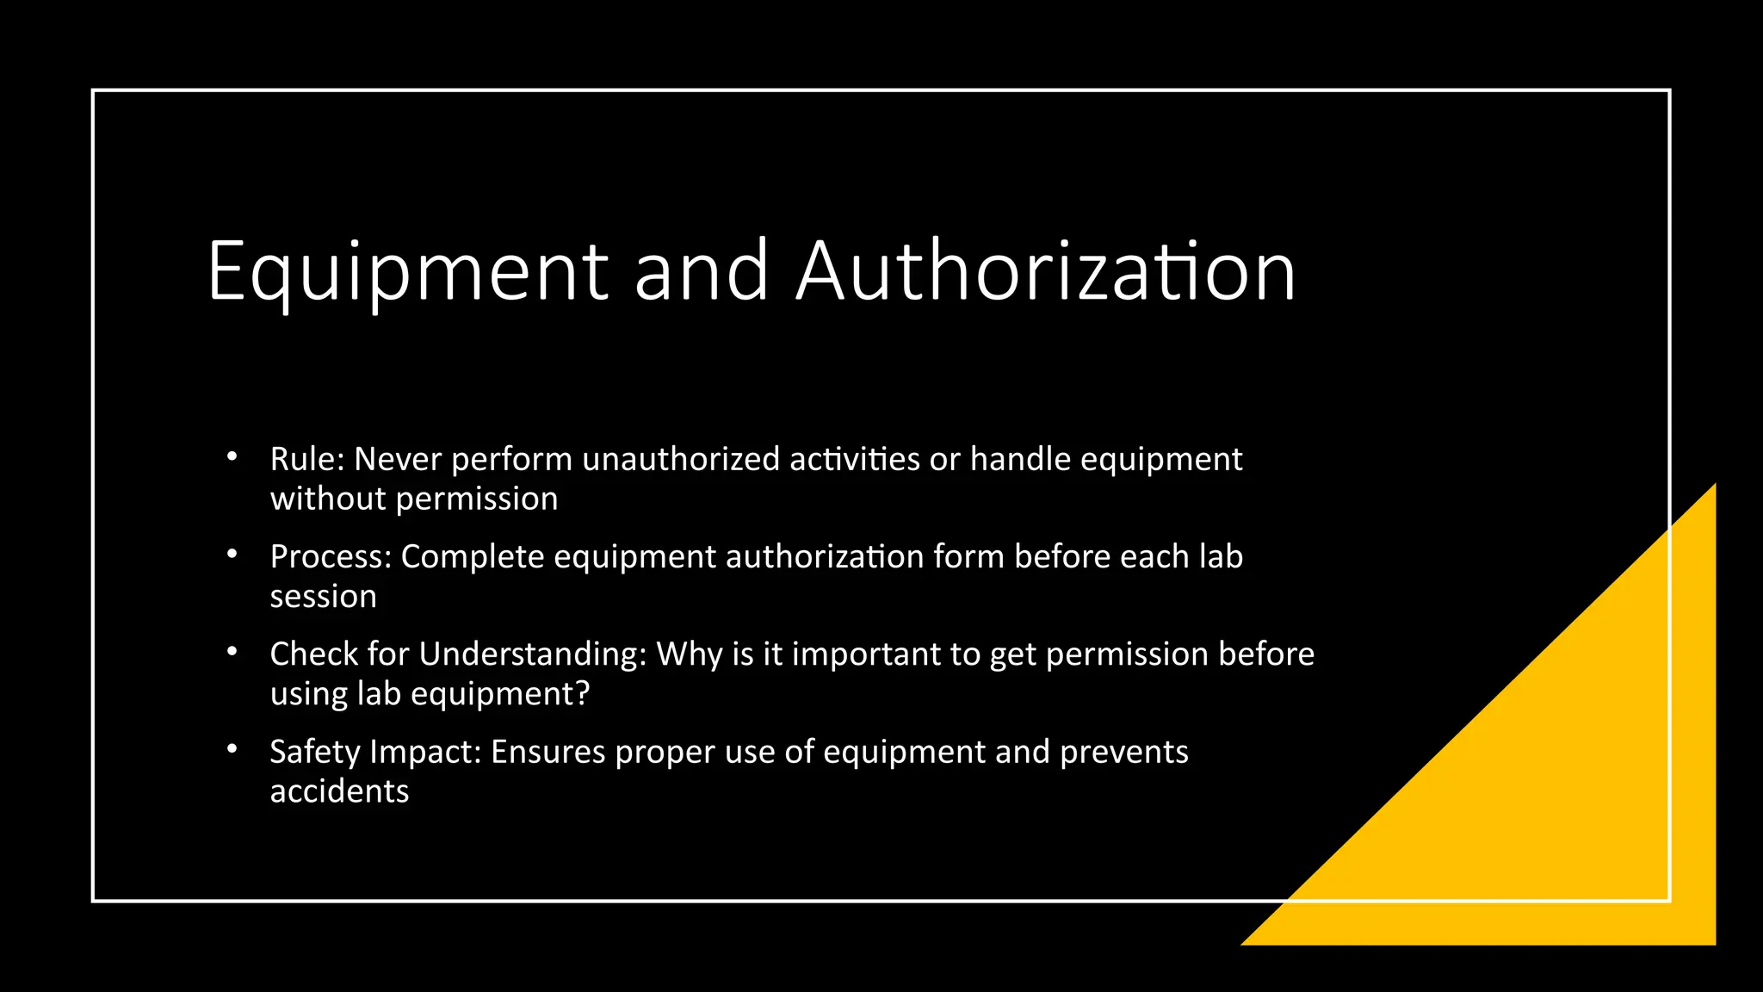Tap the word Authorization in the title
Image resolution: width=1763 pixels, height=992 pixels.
(x=1045, y=272)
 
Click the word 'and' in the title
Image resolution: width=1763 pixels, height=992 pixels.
(x=701, y=272)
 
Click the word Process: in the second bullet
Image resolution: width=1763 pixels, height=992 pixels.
(x=331, y=557)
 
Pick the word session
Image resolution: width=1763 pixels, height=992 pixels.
(x=323, y=597)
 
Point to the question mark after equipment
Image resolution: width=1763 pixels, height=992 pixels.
(x=582, y=694)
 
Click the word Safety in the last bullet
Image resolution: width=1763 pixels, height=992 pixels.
(x=314, y=752)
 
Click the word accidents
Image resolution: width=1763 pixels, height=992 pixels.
(x=339, y=791)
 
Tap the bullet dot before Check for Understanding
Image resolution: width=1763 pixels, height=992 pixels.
(x=232, y=652)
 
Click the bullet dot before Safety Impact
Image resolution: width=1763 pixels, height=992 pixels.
(x=232, y=749)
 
